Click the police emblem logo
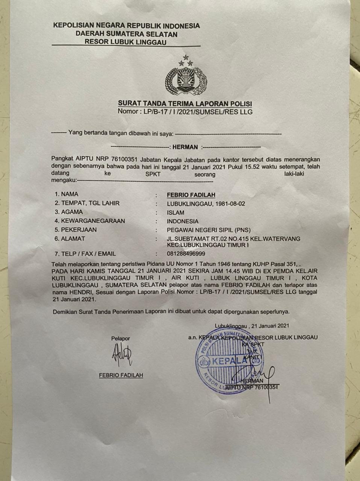click(186, 77)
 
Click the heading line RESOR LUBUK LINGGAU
click(125, 42)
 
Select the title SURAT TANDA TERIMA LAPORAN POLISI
click(185, 104)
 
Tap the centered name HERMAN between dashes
click(185, 147)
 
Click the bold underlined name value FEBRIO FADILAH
click(191, 195)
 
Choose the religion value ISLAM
click(175, 212)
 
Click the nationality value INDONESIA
click(183, 221)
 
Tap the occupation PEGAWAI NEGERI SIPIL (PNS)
click(209, 230)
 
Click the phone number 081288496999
click(186, 254)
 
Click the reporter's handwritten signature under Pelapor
click(122, 356)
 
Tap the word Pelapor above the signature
click(121, 339)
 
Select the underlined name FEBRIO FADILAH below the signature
click(121, 375)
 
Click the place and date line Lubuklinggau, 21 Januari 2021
click(252, 326)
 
